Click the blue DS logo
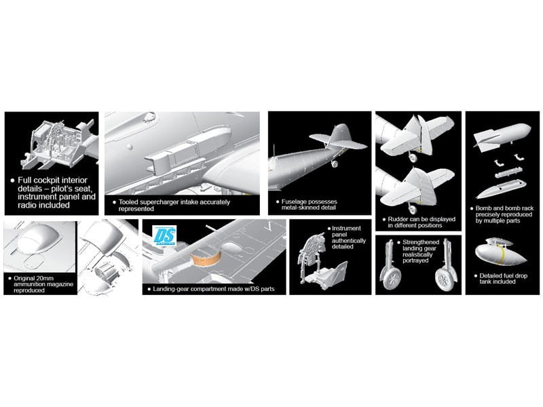click(x=164, y=235)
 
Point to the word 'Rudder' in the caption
click(x=398, y=219)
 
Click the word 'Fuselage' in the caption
click(x=294, y=201)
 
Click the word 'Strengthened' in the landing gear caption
click(x=421, y=242)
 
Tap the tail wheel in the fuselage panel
click(x=334, y=163)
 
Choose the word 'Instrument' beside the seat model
click(x=346, y=229)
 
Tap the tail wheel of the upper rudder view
click(x=413, y=157)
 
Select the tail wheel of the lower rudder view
click(x=413, y=209)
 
